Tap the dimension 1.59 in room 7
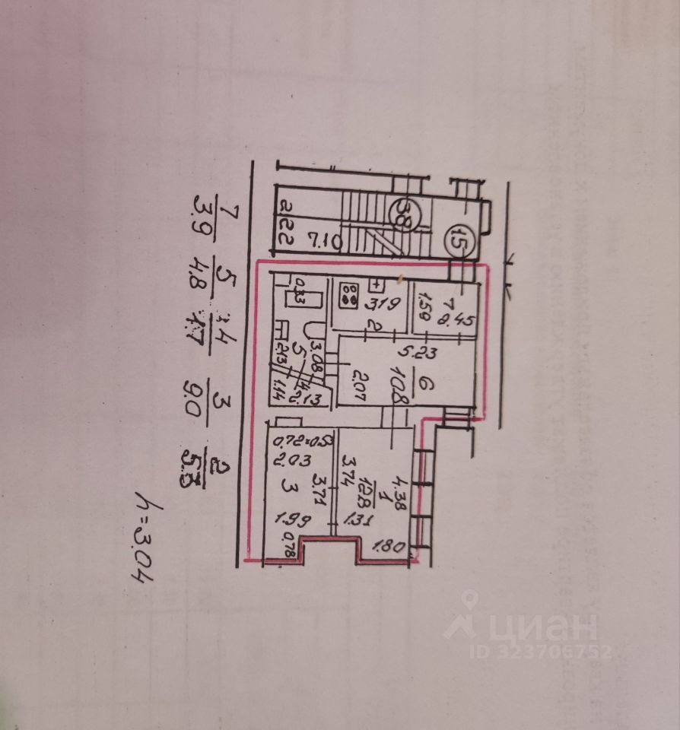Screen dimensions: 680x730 (x=426, y=308)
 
